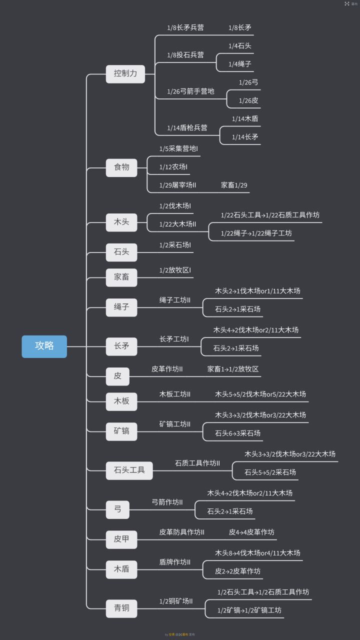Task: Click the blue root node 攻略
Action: pyautogui.click(x=44, y=346)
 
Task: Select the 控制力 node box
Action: pyautogui.click(x=125, y=73)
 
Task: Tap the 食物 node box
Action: pyautogui.click(x=121, y=167)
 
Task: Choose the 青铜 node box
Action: pyautogui.click(x=121, y=608)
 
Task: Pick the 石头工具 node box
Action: pyautogui.click(x=129, y=470)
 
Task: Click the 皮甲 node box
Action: pyautogui.click(x=121, y=539)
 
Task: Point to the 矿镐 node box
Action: pyautogui.click(x=121, y=430)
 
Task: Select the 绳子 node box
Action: pyautogui.click(x=121, y=307)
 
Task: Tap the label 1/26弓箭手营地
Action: pyautogui.click(x=190, y=91)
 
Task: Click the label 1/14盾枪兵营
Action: pyautogui.click(x=187, y=128)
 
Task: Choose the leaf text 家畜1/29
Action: pyautogui.click(x=234, y=185)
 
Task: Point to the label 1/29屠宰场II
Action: pyautogui.click(x=177, y=185)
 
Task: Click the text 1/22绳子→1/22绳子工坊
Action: pyautogui.click(x=256, y=233)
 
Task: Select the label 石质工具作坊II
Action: pyautogui.click(x=197, y=463)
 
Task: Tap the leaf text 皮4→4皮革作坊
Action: pyautogui.click(x=251, y=532)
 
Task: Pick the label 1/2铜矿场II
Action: pyautogui.click(x=176, y=601)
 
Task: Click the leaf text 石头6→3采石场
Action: pyautogui.click(x=237, y=433)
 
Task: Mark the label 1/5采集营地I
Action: pyautogui.click(x=178, y=149)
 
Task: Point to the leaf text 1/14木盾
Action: pyautogui.click(x=245, y=119)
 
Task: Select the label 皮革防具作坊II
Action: pyautogui.click(x=181, y=532)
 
